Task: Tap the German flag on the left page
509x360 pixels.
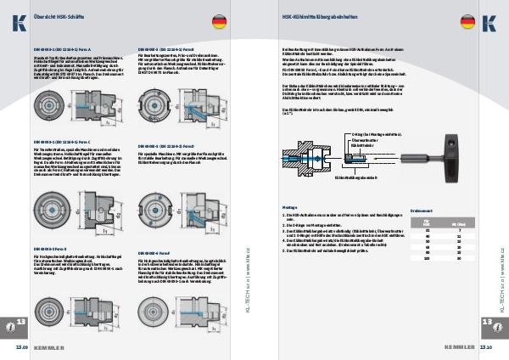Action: (219, 21)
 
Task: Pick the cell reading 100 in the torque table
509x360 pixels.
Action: (425, 259)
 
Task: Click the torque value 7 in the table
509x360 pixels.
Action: (459, 228)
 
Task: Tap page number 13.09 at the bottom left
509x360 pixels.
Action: (22, 347)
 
